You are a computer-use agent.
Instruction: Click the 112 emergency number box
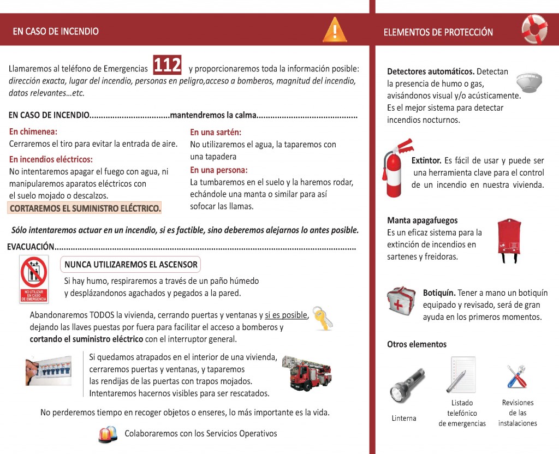[167, 65]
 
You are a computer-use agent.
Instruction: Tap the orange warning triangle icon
[335, 30]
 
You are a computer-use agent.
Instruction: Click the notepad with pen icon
[461, 375]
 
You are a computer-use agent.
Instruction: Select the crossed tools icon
[516, 376]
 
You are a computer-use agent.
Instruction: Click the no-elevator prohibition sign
[34, 279]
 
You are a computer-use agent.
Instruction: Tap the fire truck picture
[307, 374]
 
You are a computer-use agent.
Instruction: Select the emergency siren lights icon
[108, 434]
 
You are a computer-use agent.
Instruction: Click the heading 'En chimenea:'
[33, 132]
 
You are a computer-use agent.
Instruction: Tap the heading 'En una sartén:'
[216, 132]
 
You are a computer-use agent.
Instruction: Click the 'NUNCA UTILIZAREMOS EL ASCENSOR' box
[130, 265]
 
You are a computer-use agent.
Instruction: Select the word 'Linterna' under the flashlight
[404, 419]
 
